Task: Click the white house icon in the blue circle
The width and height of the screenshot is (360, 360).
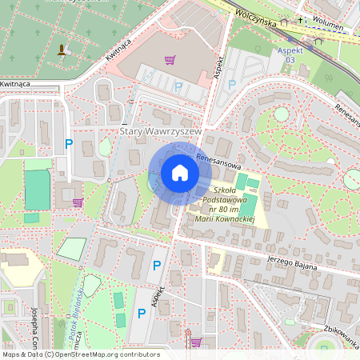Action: coord(180,173)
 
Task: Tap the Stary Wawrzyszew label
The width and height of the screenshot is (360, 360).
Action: coord(158,130)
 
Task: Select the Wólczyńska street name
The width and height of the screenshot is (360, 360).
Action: coord(255,20)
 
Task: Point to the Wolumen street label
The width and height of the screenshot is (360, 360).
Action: coord(329,26)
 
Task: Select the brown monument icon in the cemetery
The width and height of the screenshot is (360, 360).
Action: coord(62,50)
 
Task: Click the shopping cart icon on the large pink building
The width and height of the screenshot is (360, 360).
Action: coord(170,59)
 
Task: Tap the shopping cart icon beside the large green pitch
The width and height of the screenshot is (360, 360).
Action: coord(77,202)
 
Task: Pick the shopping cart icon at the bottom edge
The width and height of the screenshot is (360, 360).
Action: coord(195,342)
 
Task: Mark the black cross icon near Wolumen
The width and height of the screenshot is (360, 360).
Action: coord(301,19)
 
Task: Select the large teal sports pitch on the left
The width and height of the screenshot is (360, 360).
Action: coord(37,189)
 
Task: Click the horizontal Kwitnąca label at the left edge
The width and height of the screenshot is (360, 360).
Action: coord(15,83)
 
